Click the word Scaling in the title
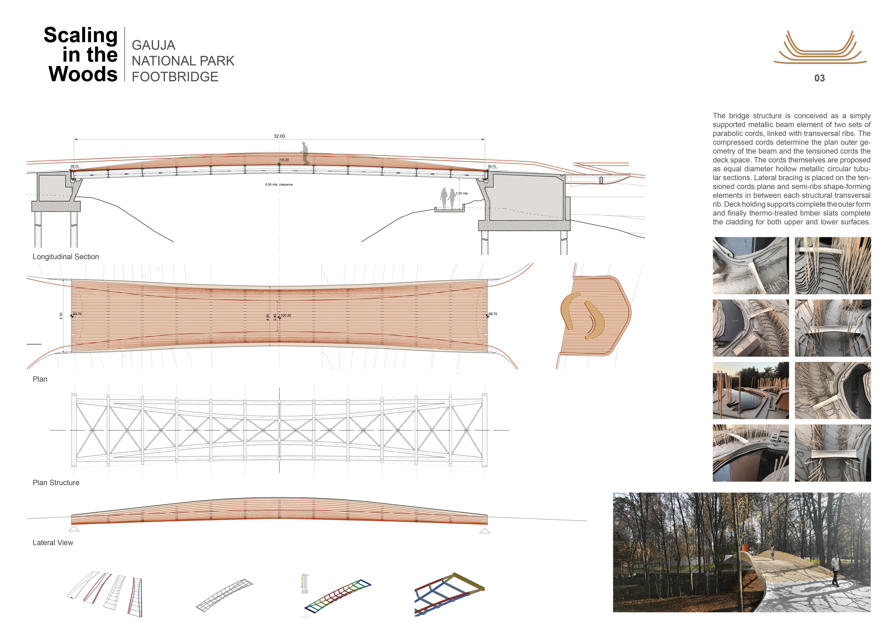tap(81, 35)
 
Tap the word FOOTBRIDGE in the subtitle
tap(175, 77)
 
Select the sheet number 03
tap(819, 78)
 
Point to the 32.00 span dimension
tap(279, 136)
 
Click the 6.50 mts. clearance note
tap(279, 184)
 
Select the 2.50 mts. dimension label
tap(462, 193)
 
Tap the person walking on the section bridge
tap(305, 153)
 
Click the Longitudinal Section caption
tap(66, 257)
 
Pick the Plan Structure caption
tap(56, 483)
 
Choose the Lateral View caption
tap(53, 543)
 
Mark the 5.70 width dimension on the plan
tap(61, 316)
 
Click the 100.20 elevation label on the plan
tap(286, 315)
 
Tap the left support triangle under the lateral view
tap(74, 529)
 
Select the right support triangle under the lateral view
tap(485, 531)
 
